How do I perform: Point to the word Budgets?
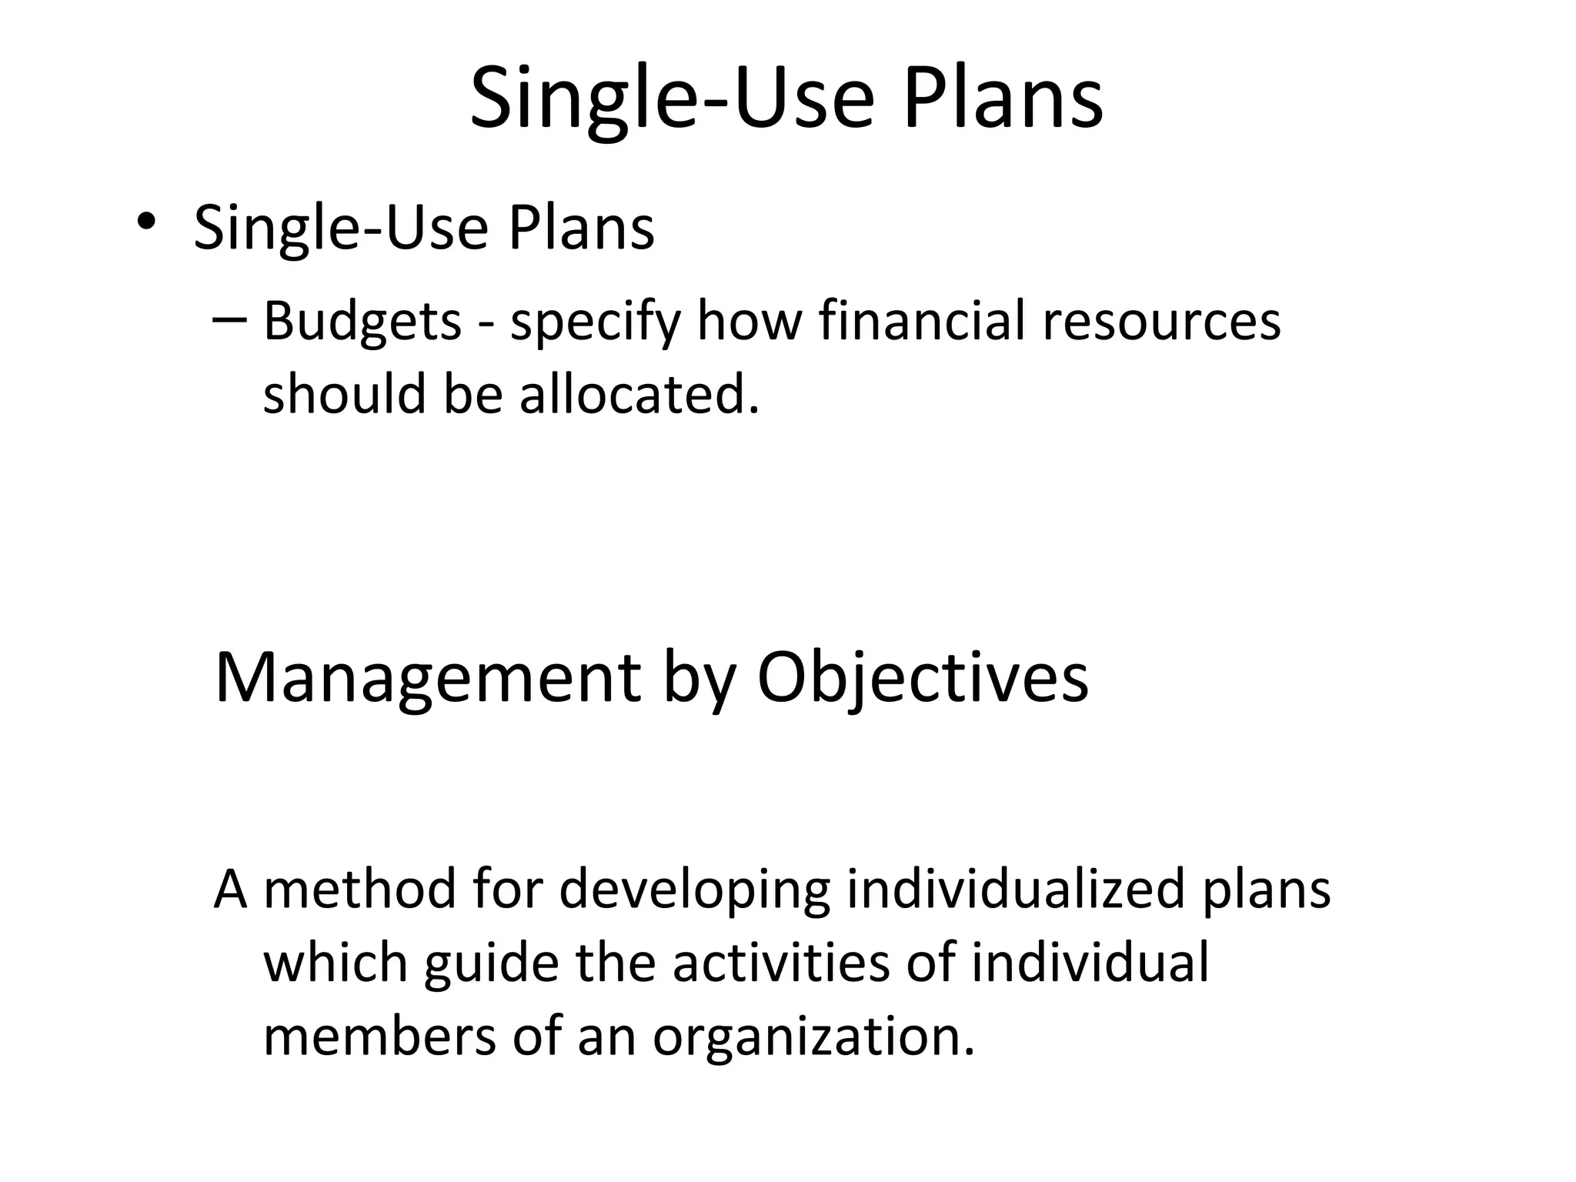(x=362, y=322)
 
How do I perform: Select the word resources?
(x=1161, y=322)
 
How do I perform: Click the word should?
(x=345, y=394)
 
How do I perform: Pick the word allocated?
(x=639, y=394)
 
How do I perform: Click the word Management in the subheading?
(x=428, y=678)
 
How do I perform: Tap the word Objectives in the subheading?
(x=923, y=678)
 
